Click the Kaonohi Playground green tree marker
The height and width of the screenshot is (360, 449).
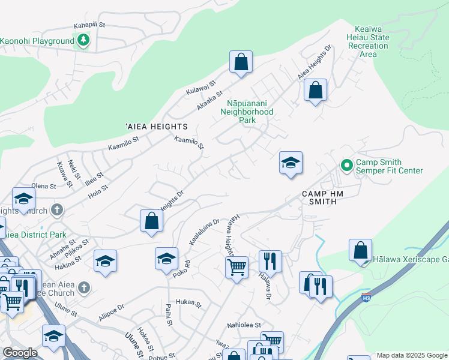[83, 41]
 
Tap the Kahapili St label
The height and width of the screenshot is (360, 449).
[89, 25]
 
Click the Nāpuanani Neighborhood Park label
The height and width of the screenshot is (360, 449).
[247, 112]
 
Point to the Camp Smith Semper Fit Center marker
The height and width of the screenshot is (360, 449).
[346, 165]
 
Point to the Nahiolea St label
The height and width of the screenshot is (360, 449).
[244, 325]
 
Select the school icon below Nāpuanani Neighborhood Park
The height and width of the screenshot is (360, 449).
[291, 163]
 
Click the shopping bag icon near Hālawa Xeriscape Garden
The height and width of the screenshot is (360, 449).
[360, 251]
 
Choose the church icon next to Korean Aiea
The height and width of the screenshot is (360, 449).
[84, 288]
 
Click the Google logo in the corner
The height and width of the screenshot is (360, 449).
[20, 353]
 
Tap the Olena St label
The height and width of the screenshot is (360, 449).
[44, 187]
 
